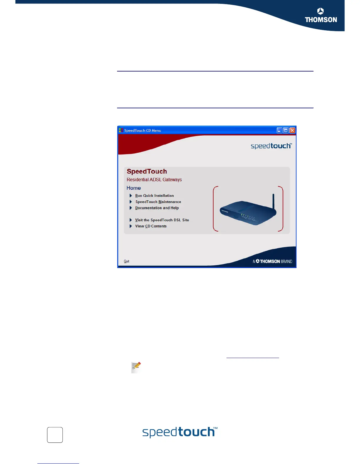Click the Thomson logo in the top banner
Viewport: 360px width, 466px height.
pos(321,15)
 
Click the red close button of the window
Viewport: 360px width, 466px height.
pos(292,130)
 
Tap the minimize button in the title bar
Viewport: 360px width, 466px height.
pos(279,130)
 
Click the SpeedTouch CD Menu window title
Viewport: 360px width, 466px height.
pos(143,130)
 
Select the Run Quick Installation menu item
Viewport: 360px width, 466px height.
pos(154,196)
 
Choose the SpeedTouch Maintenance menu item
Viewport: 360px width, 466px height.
pos(158,202)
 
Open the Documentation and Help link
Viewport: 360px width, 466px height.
pos(157,208)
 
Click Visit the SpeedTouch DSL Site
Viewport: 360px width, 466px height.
pos(162,220)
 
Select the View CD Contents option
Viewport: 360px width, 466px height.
pos(151,226)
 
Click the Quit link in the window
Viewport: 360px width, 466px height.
pos(126,261)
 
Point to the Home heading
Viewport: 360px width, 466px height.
pos(134,188)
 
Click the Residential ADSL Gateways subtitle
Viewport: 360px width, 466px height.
pos(154,180)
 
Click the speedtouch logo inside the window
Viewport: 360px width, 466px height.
pos(271,146)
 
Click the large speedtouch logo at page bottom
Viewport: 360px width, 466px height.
pos(180,432)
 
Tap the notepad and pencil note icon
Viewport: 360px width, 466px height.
pos(136,367)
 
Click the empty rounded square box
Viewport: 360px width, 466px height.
pos(55,435)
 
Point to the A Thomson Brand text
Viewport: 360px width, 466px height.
pos(272,261)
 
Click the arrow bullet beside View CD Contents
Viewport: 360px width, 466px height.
pos(131,226)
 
